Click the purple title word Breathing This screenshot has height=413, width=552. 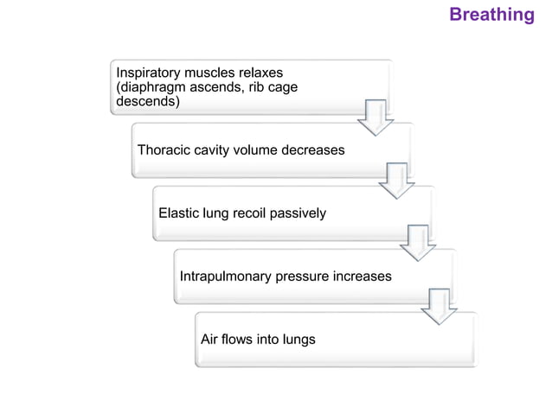point(491,15)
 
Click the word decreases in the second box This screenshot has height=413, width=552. point(311,150)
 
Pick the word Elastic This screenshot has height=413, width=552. point(179,213)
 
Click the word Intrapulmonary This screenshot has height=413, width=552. point(225,276)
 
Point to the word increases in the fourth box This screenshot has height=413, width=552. point(359,276)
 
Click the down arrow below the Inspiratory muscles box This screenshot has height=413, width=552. point(375,118)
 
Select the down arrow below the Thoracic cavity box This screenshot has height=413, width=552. point(397,181)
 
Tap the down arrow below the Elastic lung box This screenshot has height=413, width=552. point(418,244)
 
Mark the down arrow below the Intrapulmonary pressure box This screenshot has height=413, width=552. point(439,307)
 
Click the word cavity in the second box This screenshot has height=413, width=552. point(220,150)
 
